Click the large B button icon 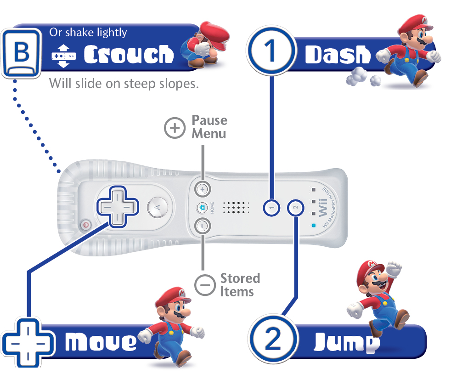22,53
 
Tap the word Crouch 129,54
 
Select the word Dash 338,54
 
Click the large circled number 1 271,51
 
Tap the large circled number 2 273,339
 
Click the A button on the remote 158,207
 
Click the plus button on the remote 203,189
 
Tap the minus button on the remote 203,226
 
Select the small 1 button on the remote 271,208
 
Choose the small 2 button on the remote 295,208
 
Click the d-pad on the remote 118,207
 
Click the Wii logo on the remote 323,207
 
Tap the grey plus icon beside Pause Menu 175,128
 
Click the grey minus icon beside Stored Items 205,285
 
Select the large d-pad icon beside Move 28,344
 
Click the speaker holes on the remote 236,207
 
